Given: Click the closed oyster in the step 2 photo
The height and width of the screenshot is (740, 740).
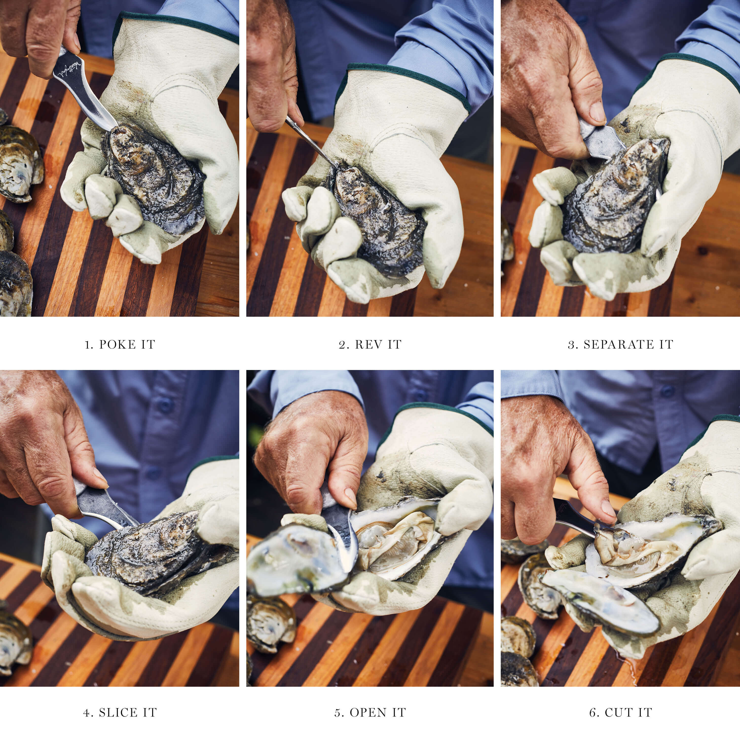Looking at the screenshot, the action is (377, 218).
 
